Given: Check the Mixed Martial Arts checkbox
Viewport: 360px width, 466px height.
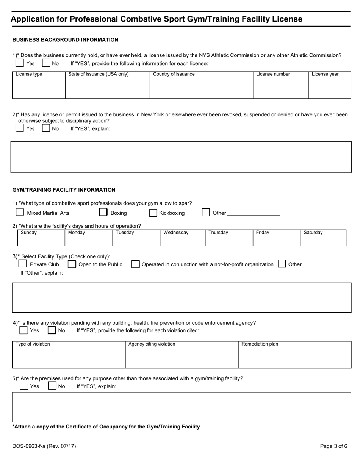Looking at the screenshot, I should point(20,212).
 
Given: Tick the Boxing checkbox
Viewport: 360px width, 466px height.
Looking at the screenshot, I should point(103,212).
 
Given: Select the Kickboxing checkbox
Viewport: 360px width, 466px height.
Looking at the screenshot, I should point(153,213).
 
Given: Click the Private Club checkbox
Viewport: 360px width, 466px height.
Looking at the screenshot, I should point(23,264).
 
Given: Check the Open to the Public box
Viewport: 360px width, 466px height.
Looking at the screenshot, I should point(72,264).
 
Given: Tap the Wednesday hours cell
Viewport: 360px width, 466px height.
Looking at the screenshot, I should point(183,239).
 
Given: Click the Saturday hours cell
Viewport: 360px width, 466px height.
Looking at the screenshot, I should point(323,239).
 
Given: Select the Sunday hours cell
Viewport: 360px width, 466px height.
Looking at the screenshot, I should point(41,239).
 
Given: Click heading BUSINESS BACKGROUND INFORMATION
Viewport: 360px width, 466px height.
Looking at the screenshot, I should point(65,40).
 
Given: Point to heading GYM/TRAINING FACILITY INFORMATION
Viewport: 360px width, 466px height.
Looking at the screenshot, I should point(64,190).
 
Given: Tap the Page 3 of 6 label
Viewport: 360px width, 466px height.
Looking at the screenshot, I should point(333,446).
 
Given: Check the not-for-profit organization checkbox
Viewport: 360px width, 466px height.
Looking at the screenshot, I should point(135,264).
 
